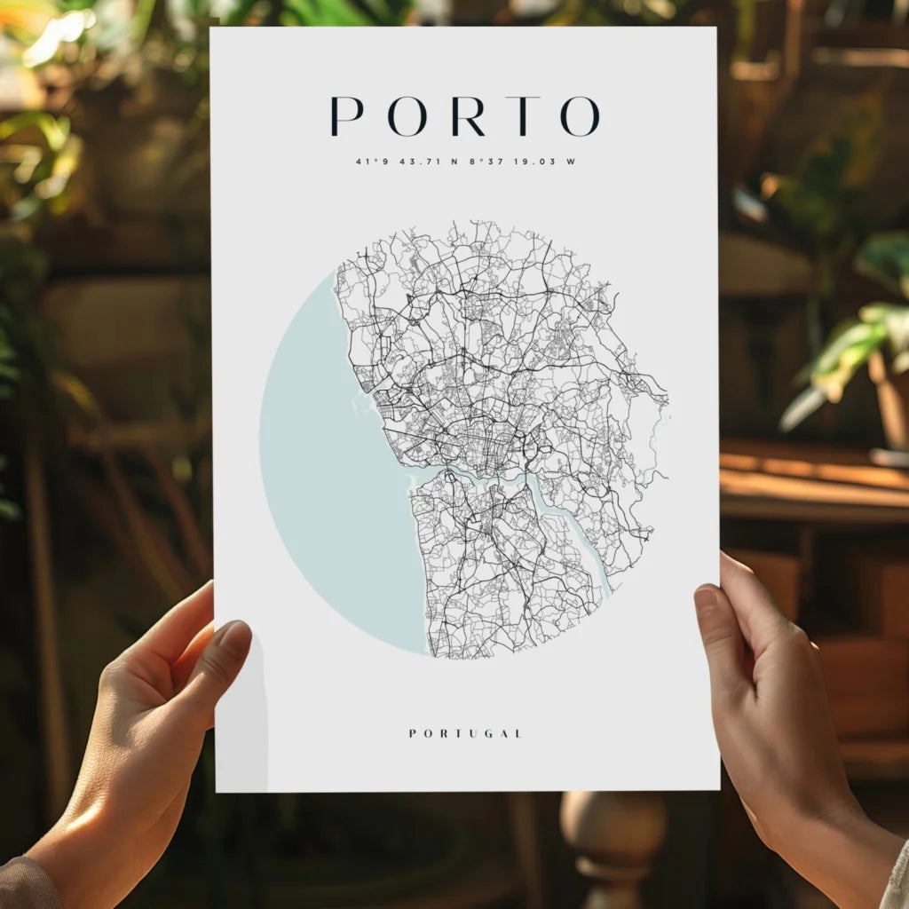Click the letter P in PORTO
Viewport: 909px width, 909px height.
[346, 115]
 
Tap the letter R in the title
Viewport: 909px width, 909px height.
[467, 115]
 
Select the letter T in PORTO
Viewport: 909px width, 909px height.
[524, 115]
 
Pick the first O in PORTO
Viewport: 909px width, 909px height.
[407, 115]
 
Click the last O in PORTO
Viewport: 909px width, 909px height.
[580, 115]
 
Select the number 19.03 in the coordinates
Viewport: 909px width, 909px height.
[530, 162]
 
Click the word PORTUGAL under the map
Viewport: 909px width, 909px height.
[465, 733]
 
